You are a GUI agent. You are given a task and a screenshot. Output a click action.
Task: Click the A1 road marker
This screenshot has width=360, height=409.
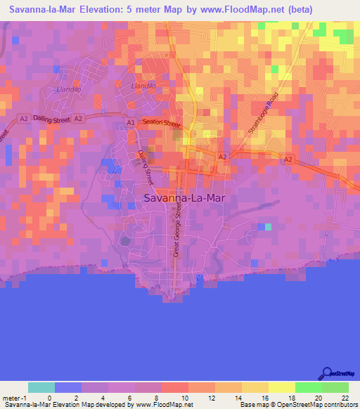[131, 122]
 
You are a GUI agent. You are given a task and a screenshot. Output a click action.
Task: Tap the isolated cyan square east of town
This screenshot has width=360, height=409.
[266, 226]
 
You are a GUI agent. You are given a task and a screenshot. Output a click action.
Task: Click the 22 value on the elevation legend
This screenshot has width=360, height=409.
[345, 398]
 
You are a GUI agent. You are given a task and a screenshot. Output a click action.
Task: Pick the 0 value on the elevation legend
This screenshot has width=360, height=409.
[49, 398]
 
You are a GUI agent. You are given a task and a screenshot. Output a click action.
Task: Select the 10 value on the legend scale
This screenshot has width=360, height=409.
[184, 398]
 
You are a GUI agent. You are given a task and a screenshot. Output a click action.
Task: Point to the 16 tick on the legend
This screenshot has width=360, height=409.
[264, 398]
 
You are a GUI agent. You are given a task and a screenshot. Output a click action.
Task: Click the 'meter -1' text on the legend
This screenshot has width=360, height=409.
[13, 398]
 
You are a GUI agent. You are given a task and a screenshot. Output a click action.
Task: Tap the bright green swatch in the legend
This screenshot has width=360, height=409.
[308, 387]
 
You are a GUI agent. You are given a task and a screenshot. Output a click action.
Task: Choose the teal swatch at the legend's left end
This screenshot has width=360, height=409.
[41, 387]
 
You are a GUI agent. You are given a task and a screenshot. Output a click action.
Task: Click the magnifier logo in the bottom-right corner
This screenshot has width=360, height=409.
[327, 374]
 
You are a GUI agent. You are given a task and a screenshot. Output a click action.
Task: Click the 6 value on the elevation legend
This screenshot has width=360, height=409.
[130, 398]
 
